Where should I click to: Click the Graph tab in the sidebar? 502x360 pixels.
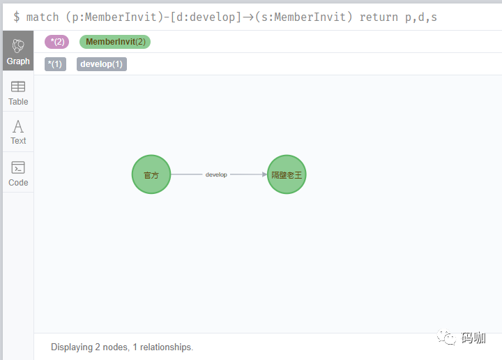(x=18, y=51)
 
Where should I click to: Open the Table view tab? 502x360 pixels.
(x=18, y=93)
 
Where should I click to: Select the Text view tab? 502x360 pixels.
(x=18, y=132)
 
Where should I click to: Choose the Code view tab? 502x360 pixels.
(x=18, y=173)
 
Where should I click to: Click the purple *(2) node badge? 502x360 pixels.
(x=57, y=42)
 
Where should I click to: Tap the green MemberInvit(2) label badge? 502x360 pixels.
(x=115, y=42)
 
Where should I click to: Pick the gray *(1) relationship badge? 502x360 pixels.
(x=55, y=64)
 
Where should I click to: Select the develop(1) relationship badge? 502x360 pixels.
(x=102, y=64)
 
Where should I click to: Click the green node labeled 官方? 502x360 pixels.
(x=151, y=174)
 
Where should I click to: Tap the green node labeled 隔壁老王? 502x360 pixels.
(x=287, y=174)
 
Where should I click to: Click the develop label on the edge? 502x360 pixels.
(x=216, y=174)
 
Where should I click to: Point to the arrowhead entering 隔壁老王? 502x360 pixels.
(x=264, y=174)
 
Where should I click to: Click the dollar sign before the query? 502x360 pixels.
(x=16, y=17)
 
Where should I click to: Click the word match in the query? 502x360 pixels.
(x=43, y=17)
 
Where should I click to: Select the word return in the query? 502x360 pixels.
(x=379, y=17)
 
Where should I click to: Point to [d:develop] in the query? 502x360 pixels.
(x=206, y=17)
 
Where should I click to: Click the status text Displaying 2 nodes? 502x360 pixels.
(x=90, y=347)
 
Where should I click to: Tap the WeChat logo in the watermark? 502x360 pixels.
(x=447, y=337)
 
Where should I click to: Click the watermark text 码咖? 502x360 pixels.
(x=473, y=338)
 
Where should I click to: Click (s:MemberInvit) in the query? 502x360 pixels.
(x=303, y=17)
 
